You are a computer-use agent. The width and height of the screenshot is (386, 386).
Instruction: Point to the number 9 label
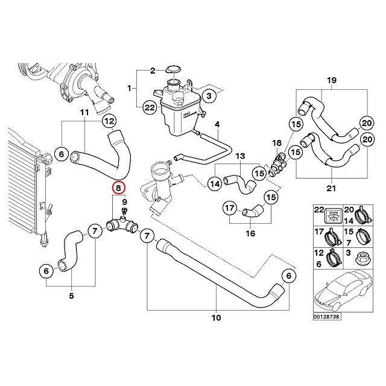coord(124,201)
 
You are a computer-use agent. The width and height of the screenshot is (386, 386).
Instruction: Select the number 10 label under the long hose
coord(216,317)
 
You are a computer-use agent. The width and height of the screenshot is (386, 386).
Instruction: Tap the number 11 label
coord(84,112)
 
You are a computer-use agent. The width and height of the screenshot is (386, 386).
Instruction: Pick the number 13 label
coord(239,156)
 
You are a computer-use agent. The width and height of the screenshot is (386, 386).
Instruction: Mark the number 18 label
coord(277,143)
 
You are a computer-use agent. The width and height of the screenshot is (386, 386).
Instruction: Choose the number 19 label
coord(331,81)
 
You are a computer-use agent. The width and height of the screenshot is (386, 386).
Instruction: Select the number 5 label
coord(71,296)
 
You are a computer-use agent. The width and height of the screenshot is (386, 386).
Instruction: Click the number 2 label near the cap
coord(153,70)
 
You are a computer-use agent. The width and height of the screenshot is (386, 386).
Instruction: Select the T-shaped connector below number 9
coord(121,226)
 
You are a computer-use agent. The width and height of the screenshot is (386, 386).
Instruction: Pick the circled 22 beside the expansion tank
coord(150,108)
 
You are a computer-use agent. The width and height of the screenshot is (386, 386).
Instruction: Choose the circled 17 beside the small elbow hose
coord(230,209)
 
